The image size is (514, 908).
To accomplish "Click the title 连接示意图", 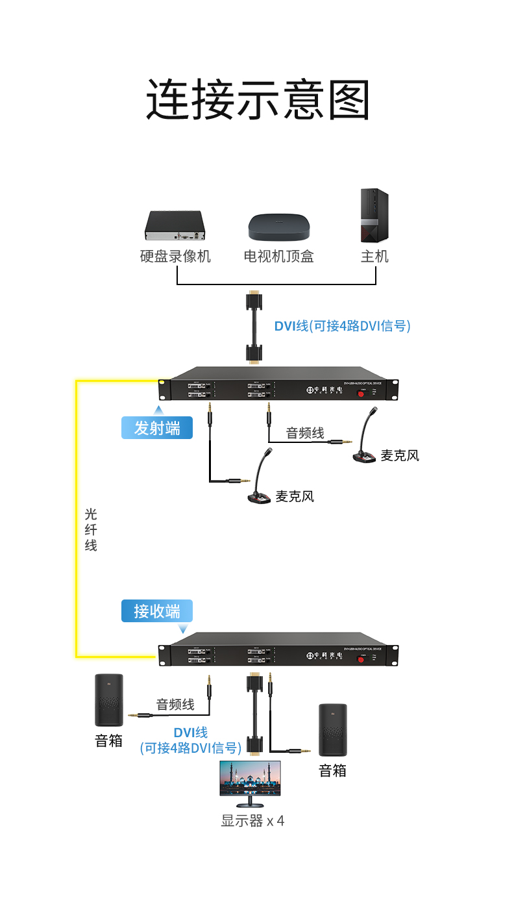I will click(258, 100).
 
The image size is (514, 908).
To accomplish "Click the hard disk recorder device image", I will click(175, 225).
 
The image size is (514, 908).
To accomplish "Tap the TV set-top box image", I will click(279, 226).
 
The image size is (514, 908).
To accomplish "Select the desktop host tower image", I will click(374, 216).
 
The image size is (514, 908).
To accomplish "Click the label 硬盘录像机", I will click(175, 257).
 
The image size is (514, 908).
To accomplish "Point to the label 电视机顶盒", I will click(279, 257).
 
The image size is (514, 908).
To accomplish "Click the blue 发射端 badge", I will click(157, 428).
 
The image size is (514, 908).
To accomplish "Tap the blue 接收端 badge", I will click(157, 611).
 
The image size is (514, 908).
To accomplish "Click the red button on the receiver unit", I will click(361, 660).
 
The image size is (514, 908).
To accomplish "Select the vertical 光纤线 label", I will click(91, 530).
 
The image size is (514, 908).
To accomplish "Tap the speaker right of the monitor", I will click(332, 730).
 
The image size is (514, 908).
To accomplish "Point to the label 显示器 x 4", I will click(252, 821).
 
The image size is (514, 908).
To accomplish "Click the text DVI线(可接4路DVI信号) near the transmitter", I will click(342, 326).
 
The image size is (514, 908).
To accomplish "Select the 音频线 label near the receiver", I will click(175, 704).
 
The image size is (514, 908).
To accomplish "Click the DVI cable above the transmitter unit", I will click(254, 327).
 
